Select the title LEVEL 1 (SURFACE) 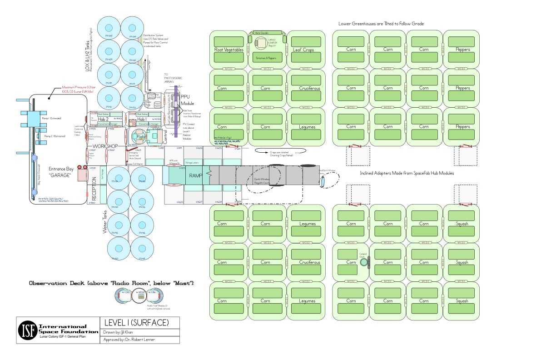tap(136, 323)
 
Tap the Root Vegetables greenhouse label tap(229, 50)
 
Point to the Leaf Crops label tap(303, 50)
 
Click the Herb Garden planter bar tap(268, 33)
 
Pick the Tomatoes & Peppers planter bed tap(266, 57)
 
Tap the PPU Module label tap(188, 100)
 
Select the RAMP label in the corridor tap(196, 175)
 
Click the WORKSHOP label tap(105, 146)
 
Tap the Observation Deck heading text tap(112, 283)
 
